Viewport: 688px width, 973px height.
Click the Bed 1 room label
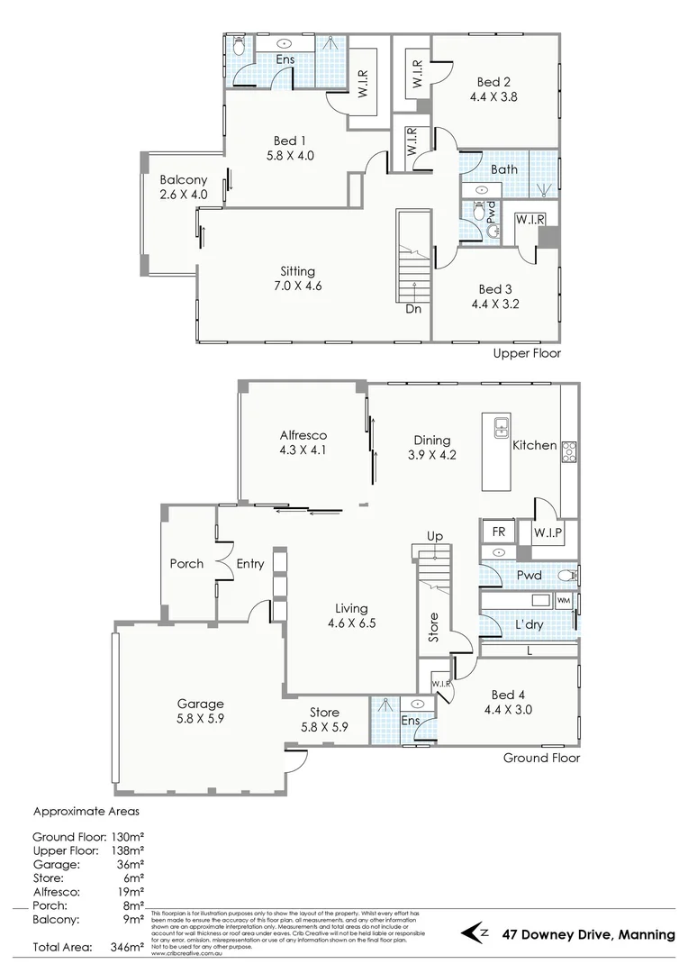[x=291, y=140]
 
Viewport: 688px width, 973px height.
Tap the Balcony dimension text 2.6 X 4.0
[x=183, y=194]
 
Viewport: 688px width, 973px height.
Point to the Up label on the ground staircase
[x=435, y=536]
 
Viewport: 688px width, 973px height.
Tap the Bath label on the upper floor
[x=504, y=168]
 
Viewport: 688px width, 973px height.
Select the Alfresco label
[x=303, y=434]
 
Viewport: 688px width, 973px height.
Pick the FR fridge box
[x=498, y=532]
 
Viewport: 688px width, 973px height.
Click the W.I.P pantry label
[x=547, y=532]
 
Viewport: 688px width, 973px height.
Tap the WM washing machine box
[x=564, y=600]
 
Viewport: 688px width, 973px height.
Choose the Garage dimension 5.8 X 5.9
[x=200, y=720]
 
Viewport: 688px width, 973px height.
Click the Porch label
[x=186, y=564]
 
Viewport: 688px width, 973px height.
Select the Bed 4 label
[x=509, y=695]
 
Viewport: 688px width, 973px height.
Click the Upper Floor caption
[x=527, y=353]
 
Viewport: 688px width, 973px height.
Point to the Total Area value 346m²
[x=127, y=947]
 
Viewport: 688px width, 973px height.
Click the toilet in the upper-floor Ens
[x=239, y=48]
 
